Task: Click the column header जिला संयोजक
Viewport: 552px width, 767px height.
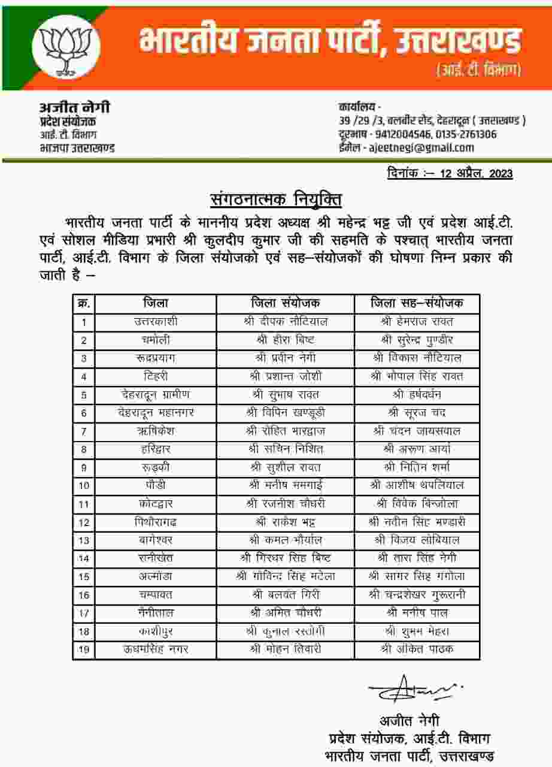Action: [286, 303]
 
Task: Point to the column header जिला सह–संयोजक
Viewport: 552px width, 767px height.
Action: [417, 303]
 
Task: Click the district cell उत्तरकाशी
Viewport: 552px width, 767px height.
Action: [156, 322]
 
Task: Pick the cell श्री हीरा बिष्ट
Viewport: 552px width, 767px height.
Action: [286, 340]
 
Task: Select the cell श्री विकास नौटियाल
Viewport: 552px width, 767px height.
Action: [417, 358]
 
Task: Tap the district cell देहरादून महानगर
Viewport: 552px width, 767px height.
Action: [156, 413]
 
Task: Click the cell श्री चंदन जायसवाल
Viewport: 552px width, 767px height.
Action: [417, 431]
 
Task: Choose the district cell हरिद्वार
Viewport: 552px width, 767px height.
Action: [156, 449]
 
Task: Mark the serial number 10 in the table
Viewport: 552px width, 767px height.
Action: [84, 486]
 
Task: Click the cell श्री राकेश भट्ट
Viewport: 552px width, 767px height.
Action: [286, 523]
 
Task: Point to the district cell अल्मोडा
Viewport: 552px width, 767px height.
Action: [156, 577]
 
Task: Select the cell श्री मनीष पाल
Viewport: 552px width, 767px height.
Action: [417, 613]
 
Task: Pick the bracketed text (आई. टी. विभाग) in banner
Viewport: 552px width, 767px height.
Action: [478, 71]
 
